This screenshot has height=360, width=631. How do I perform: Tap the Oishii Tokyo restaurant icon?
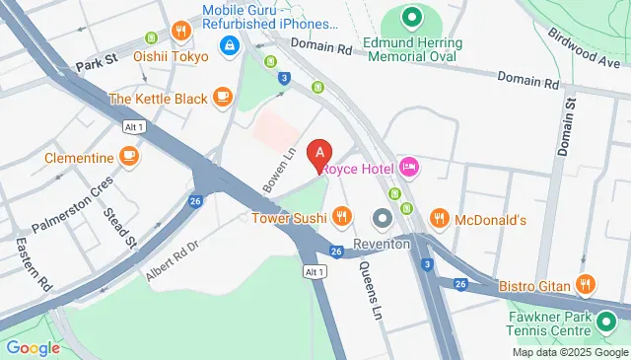180,32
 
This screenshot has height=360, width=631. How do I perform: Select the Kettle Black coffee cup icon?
222,98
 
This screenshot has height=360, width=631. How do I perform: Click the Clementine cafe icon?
128,157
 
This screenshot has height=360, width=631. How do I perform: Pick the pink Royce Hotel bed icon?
409,169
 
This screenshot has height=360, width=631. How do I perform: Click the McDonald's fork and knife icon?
440,218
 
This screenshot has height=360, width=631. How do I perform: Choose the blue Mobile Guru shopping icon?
230,44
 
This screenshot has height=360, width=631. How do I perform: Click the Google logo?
33,347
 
